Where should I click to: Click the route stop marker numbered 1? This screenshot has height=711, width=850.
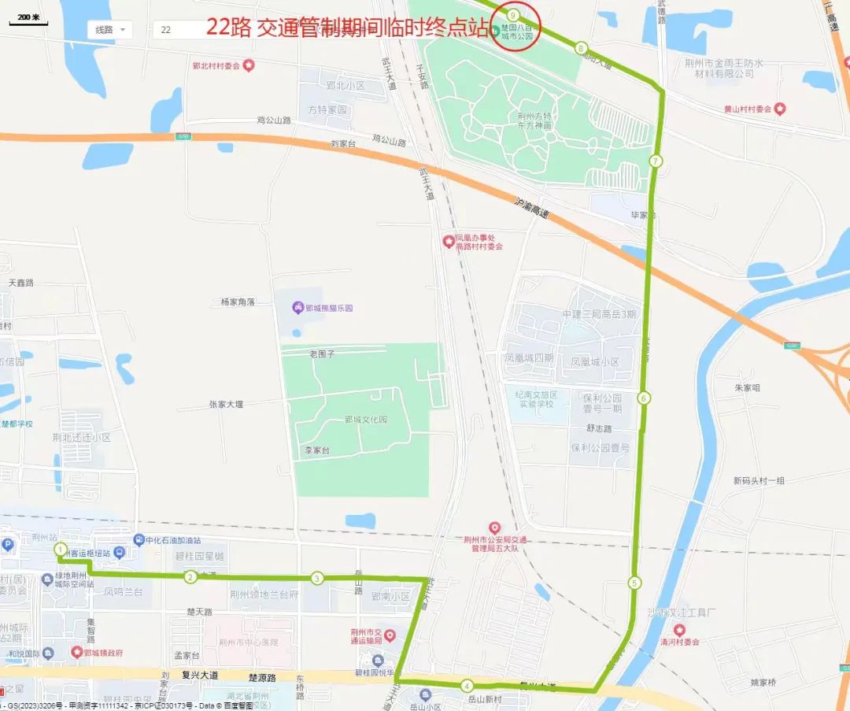click(61, 549)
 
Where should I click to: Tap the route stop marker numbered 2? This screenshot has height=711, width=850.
click(190, 577)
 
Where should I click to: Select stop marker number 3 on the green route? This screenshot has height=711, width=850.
click(317, 578)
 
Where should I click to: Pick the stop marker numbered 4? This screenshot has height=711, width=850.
click(467, 685)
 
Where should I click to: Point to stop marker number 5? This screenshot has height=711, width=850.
click(634, 583)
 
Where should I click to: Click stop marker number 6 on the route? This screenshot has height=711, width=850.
click(645, 398)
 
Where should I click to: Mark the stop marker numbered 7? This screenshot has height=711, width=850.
click(656, 161)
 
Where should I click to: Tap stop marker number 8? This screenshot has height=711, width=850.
click(581, 49)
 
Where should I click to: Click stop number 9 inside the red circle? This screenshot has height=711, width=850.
click(513, 15)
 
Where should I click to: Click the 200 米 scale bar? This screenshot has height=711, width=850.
click(28, 19)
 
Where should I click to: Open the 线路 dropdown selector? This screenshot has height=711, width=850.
click(109, 30)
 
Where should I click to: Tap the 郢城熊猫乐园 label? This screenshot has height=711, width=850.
click(329, 307)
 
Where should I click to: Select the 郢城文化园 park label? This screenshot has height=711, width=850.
click(366, 420)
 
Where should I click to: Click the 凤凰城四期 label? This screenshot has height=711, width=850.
click(529, 358)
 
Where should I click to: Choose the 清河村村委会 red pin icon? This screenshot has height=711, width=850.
click(678, 630)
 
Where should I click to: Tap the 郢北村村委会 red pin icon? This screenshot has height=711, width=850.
click(249, 65)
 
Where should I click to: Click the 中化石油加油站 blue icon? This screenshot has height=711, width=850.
click(139, 540)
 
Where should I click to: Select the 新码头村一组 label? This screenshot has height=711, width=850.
click(759, 480)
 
